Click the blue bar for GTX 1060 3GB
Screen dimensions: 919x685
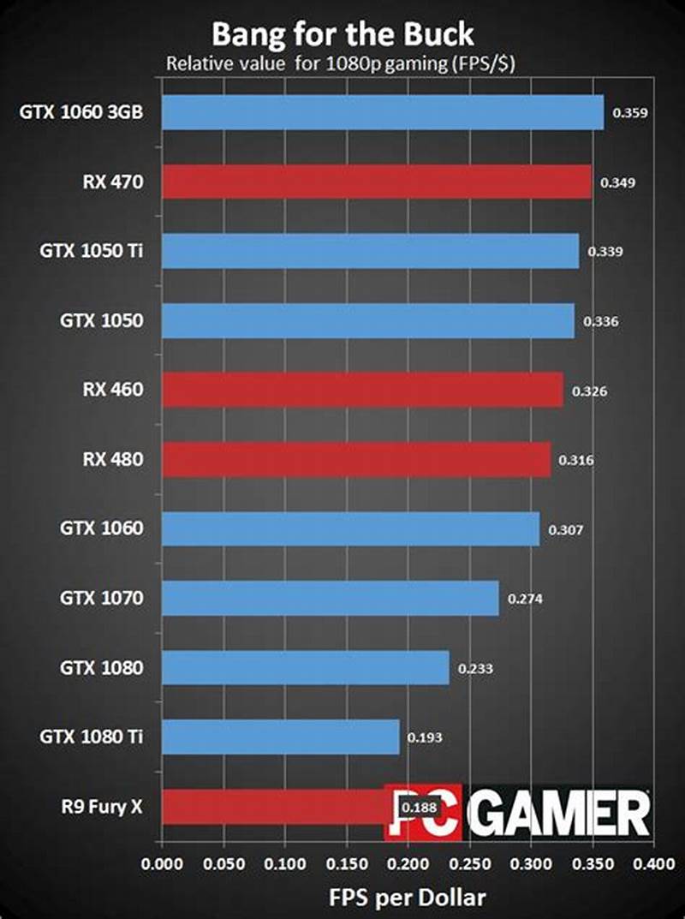click(x=382, y=112)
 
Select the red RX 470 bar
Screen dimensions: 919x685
click(x=376, y=182)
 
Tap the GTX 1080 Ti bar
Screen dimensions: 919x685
click(x=280, y=737)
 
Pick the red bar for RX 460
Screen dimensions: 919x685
click(x=362, y=390)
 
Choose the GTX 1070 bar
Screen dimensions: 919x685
click(x=330, y=598)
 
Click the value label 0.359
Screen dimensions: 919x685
click(x=629, y=112)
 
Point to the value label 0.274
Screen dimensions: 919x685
click(x=525, y=599)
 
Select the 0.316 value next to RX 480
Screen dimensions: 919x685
click(x=575, y=460)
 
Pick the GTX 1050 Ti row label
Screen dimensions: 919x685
click(x=91, y=251)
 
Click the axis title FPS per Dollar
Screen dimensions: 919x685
click(x=407, y=897)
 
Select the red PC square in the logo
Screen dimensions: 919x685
click(x=423, y=811)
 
